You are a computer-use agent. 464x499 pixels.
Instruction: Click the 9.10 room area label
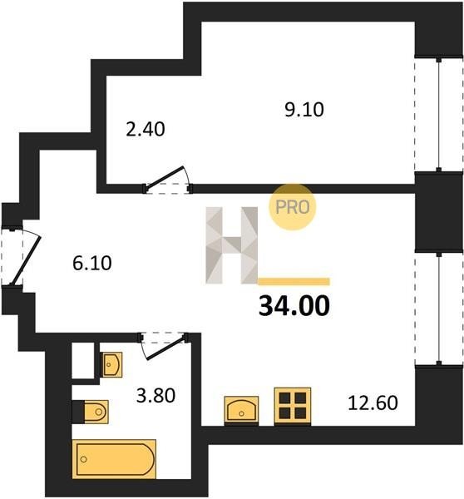(x=304, y=110)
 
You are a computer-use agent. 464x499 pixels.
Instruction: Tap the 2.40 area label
(x=146, y=130)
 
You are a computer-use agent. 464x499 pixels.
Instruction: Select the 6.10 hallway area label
(x=92, y=263)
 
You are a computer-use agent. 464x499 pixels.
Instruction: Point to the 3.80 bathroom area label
(x=155, y=396)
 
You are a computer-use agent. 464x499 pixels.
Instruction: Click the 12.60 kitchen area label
(x=373, y=403)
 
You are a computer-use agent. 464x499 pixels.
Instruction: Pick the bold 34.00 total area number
(x=294, y=305)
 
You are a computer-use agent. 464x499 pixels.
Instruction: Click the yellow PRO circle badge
(x=293, y=207)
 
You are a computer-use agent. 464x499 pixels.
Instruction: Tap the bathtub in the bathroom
(x=114, y=459)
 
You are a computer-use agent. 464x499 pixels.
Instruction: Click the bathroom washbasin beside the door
(x=111, y=365)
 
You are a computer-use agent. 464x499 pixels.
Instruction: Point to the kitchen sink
(x=241, y=410)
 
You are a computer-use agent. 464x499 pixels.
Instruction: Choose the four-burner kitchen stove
(x=293, y=406)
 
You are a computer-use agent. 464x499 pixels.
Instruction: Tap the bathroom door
(x=164, y=347)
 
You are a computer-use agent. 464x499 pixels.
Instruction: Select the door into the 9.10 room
(x=168, y=180)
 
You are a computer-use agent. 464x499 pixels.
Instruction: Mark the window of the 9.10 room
(x=439, y=114)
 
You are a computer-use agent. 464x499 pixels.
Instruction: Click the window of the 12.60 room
(x=439, y=309)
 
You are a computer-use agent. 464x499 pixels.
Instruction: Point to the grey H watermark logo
(x=232, y=245)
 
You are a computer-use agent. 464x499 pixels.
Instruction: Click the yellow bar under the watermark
(x=294, y=281)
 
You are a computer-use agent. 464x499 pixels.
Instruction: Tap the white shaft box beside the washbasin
(x=83, y=360)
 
